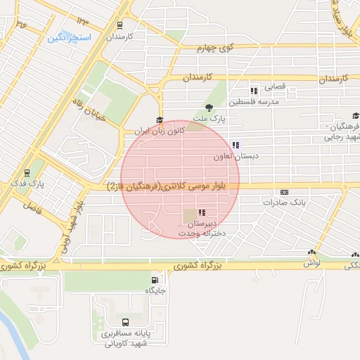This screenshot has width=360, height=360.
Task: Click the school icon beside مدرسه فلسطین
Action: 254,91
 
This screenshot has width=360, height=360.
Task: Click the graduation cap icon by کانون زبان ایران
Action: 160,120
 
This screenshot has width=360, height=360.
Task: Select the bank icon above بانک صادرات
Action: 284,191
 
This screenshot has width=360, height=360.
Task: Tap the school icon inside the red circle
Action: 202,212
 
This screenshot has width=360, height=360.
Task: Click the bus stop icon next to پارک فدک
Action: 27,172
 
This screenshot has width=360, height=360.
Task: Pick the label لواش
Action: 311,262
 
